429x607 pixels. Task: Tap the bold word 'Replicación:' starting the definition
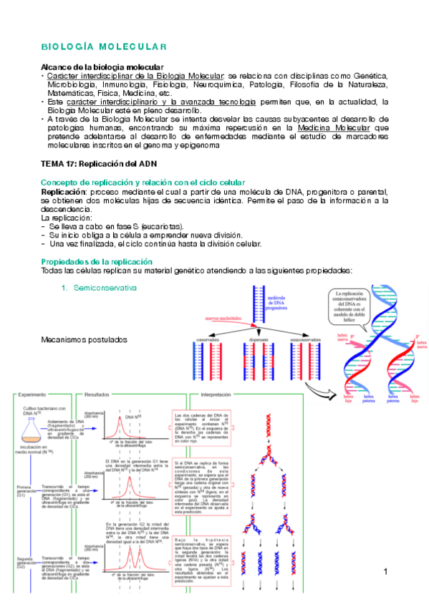[64, 193]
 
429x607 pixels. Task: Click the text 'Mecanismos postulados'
[84, 339]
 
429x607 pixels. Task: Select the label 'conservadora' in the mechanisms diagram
[208, 339]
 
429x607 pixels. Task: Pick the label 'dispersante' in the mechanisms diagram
[259, 339]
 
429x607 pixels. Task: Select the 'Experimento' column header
[32, 394]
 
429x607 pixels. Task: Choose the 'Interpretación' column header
[220, 394]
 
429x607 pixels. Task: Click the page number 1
[385, 572]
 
